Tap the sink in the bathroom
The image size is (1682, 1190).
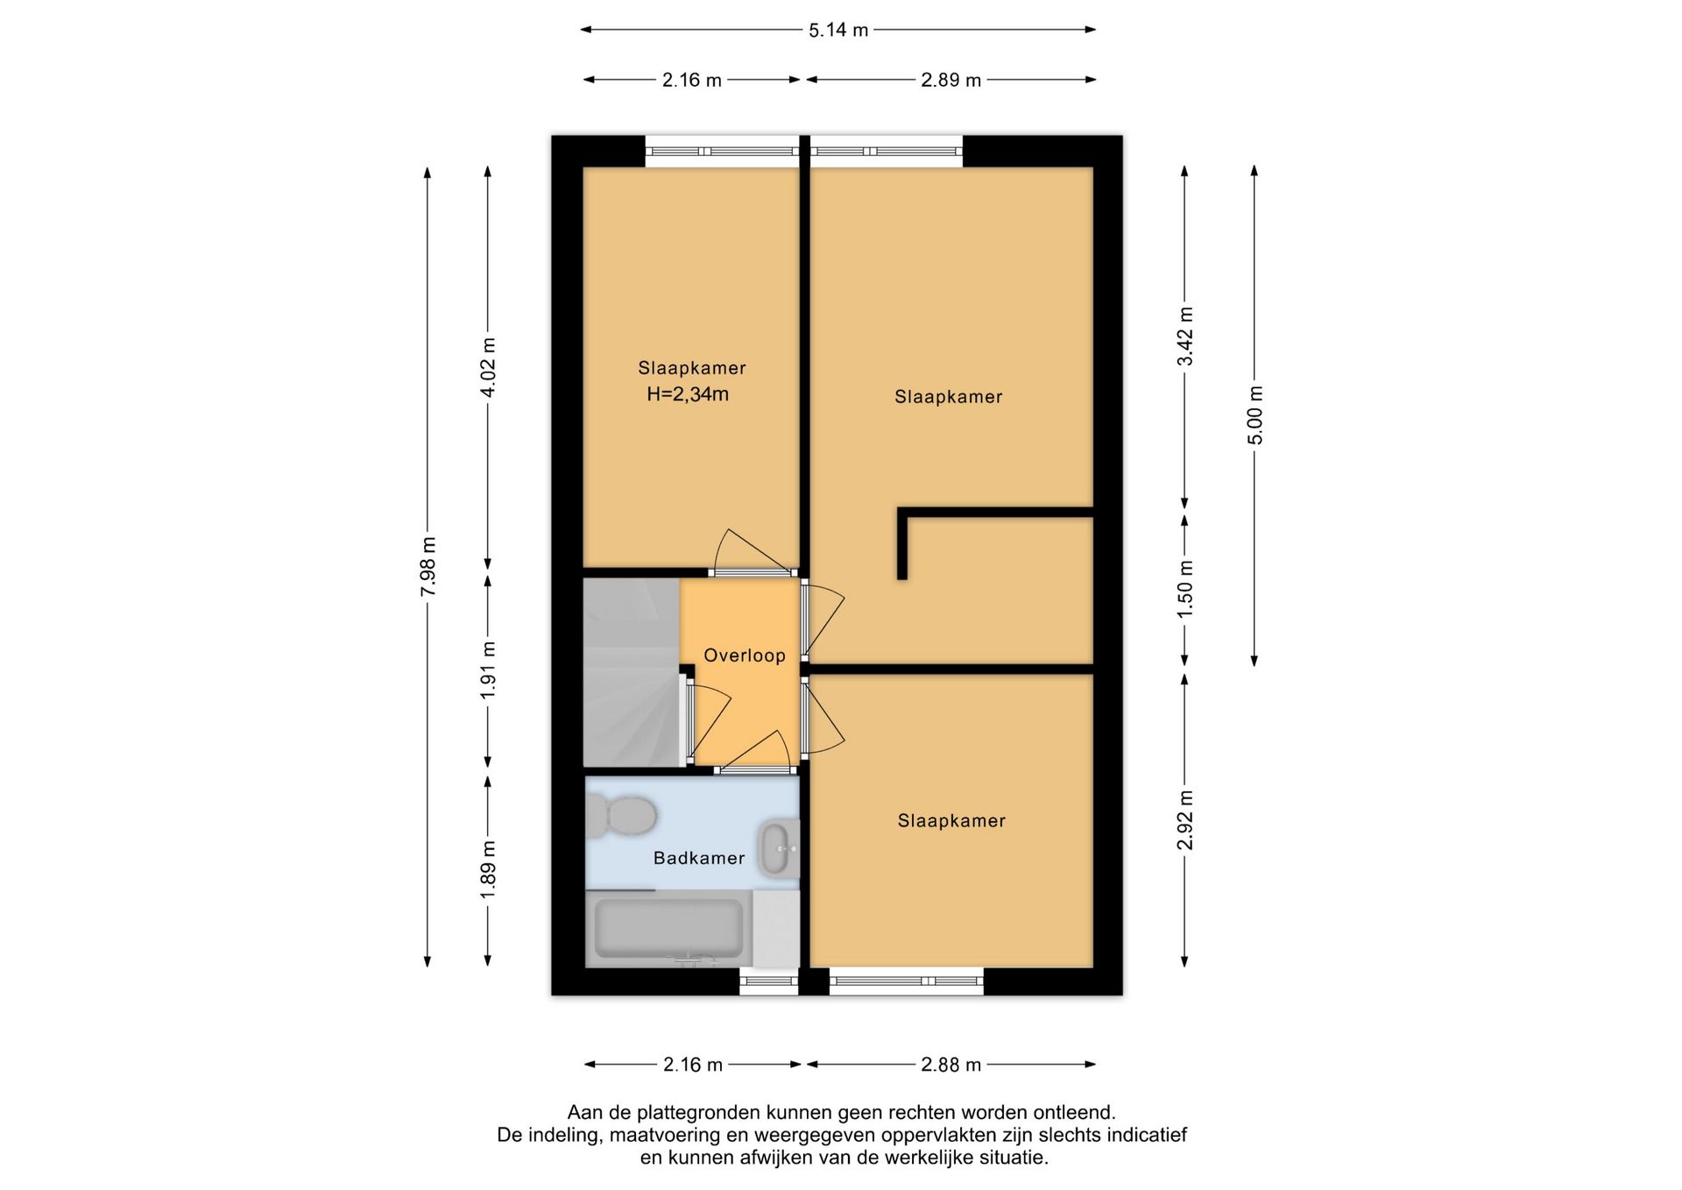778,848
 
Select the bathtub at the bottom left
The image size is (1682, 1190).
669,930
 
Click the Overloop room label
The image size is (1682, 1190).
745,655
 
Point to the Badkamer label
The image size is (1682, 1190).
699,858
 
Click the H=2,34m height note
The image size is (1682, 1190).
688,394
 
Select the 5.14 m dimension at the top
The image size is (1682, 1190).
838,30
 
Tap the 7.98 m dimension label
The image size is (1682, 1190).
428,567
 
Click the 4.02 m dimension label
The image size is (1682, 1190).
488,367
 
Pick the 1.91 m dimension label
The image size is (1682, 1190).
488,670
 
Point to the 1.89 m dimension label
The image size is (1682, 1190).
488,869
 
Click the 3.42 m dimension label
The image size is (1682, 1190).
1185,336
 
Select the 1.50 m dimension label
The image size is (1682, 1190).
1185,589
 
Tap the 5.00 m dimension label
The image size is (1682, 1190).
1255,415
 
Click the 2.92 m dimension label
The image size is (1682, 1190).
1185,820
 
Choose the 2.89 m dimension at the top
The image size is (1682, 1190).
951,80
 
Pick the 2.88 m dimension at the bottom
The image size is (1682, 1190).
951,1065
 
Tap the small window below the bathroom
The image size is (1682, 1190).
769,982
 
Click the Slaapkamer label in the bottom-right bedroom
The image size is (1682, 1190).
951,821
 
